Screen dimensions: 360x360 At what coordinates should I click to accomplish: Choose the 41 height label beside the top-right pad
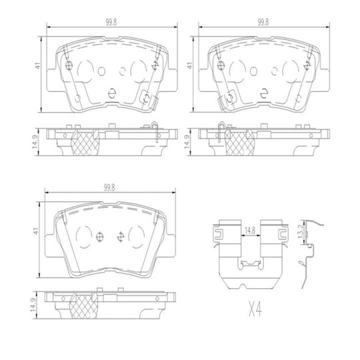click(x=191, y=67)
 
